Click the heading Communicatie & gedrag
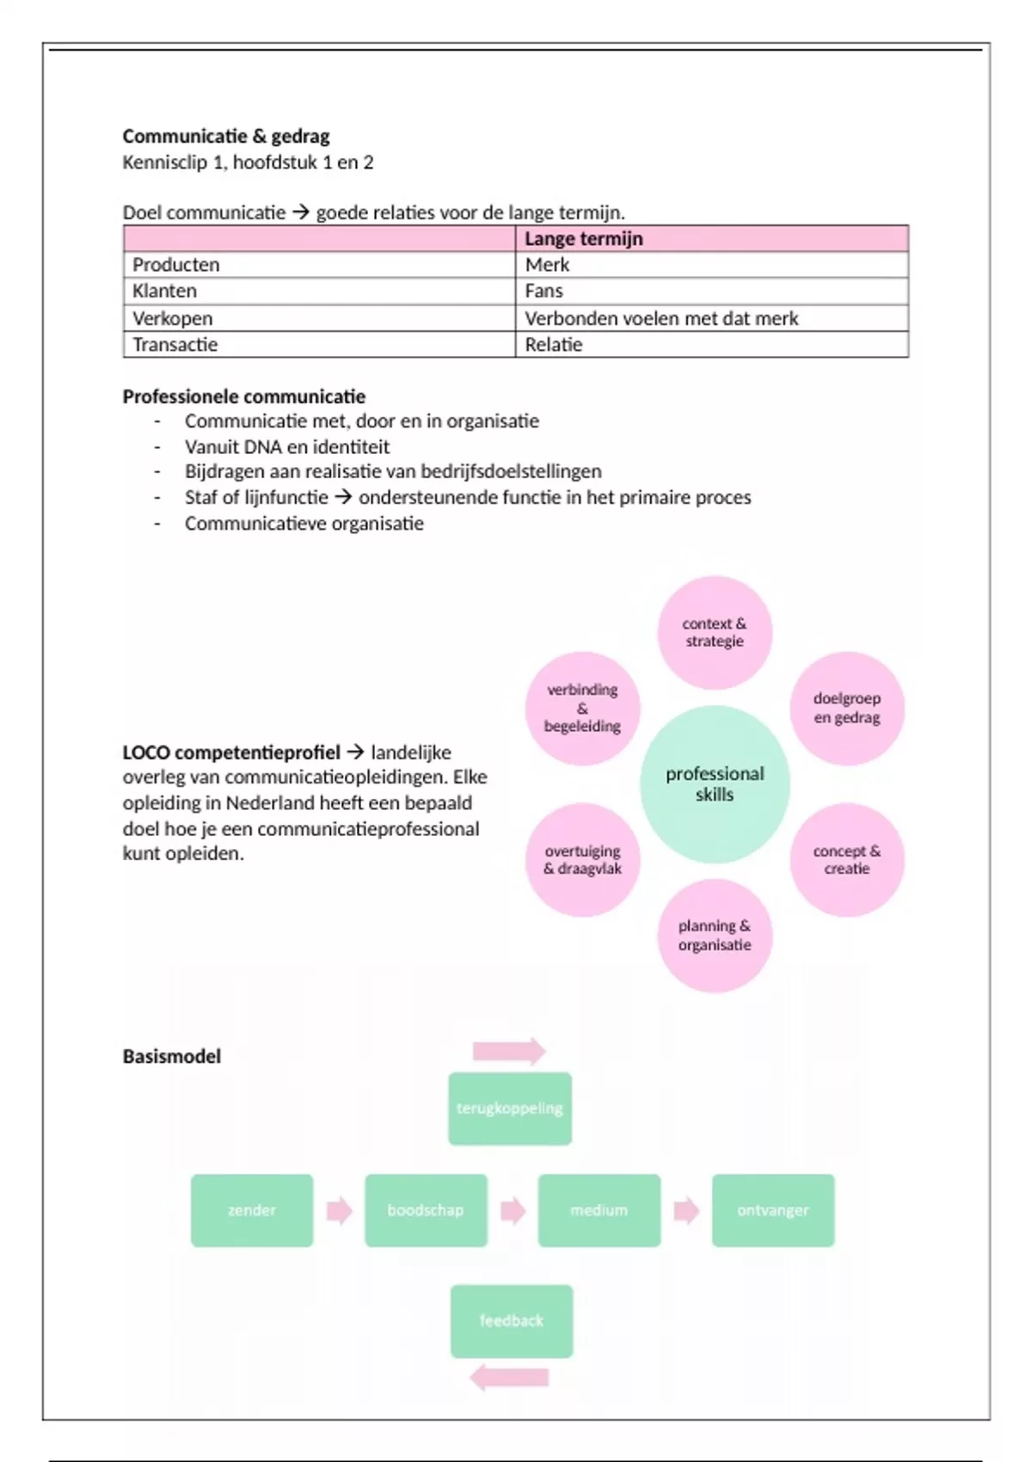226,136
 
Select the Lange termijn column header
584,238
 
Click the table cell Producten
176,265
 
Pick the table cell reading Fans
544,291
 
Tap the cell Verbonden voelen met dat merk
661,318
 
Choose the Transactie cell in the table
175,345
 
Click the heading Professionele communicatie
244,396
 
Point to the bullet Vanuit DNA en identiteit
287,446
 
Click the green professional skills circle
715,783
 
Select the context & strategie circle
715,632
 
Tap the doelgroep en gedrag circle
847,708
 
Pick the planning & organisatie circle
715,935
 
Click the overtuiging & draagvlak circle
582,859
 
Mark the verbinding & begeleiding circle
582,708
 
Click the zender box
252,1210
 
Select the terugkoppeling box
510,1108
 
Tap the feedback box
512,1320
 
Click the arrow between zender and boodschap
340,1211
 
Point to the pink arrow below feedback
509,1378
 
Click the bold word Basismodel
172,1056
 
